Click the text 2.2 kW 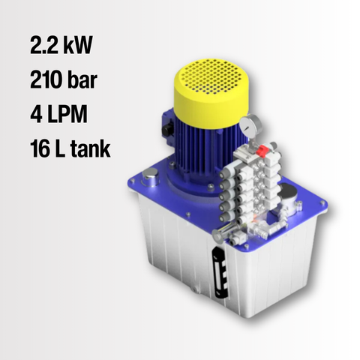tap(61, 45)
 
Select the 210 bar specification tap(64, 79)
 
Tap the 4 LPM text tap(59, 114)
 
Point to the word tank tap(91, 148)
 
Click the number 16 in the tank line tap(40, 148)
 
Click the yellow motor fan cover tap(211, 92)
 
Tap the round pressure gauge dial tap(249, 125)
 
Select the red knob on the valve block tap(262, 151)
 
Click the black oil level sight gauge tap(220, 272)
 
